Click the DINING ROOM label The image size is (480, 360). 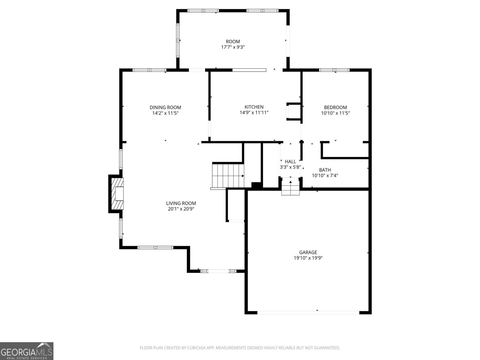pyautogui.click(x=165, y=107)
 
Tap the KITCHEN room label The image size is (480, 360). pyautogui.click(x=254, y=107)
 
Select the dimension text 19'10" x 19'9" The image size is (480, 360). pyautogui.click(x=308, y=258)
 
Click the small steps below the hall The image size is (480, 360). pyautogui.click(x=290, y=188)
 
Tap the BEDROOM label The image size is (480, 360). pyautogui.click(x=335, y=107)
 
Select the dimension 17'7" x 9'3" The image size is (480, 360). pyautogui.click(x=233, y=47)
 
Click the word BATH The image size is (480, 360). pyautogui.click(x=325, y=170)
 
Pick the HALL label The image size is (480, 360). pyautogui.click(x=290, y=162)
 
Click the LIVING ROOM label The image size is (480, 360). pyautogui.click(x=181, y=203)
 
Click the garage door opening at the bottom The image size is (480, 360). pyautogui.click(x=308, y=312)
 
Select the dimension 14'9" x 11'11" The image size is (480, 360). pyautogui.click(x=254, y=113)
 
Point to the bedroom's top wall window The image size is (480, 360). pyautogui.click(x=334, y=70)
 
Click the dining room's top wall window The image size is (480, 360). pyautogui.click(x=149, y=70)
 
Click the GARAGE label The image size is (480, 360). pyautogui.click(x=308, y=252)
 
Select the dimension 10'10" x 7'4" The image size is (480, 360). pyautogui.click(x=325, y=175)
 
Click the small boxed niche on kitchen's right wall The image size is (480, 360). pyautogui.click(x=293, y=112)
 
